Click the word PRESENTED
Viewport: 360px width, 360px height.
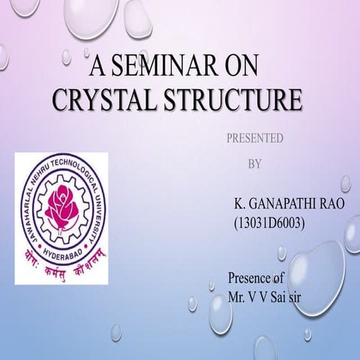pyautogui.click(x=254, y=139)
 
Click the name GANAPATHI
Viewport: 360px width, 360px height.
pyautogui.click(x=285, y=205)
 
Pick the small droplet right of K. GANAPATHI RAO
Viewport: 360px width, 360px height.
pyautogui.click(x=346, y=183)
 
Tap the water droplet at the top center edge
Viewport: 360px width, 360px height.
pyautogui.click(x=138, y=16)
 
